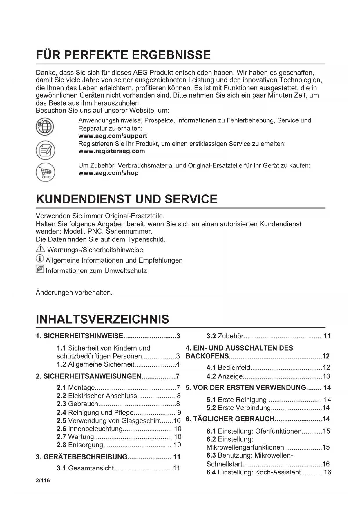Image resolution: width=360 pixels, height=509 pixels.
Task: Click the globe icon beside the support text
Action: pyautogui.click(x=45, y=127)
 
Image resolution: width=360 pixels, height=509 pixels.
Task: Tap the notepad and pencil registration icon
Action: pyautogui.click(x=45, y=150)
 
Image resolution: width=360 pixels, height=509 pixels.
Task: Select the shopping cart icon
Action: pyautogui.click(x=45, y=172)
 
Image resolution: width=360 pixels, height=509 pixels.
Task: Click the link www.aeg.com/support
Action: pyautogui.click(x=113, y=136)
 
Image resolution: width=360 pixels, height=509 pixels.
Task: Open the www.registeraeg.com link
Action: pyautogui.click(x=112, y=151)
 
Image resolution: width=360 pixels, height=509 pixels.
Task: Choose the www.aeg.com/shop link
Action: pyautogui.click(x=108, y=173)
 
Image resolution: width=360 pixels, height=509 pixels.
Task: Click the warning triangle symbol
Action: pyautogui.click(x=40, y=249)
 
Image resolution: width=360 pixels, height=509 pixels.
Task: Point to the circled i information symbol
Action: pyautogui.click(x=40, y=259)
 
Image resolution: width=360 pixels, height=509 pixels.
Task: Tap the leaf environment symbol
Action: pyautogui.click(x=40, y=269)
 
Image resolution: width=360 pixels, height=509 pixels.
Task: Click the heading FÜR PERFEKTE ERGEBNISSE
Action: pyautogui.click(x=123, y=55)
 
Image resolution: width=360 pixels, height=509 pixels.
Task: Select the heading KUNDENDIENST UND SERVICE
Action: pyautogui.click(x=126, y=199)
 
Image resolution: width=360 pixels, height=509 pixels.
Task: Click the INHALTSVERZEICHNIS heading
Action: pyautogui.click(x=102, y=319)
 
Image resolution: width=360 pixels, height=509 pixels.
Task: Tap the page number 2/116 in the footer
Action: pyautogui.click(x=43, y=481)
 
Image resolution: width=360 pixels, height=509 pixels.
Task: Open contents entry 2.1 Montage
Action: pyautogui.click(x=118, y=388)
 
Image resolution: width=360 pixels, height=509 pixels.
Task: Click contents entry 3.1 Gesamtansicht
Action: pyautogui.click(x=118, y=468)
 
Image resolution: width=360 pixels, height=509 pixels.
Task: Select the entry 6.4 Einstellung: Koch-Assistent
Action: pyautogui.click(x=268, y=472)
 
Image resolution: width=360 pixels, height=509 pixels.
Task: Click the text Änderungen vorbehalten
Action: pyautogui.click(x=74, y=293)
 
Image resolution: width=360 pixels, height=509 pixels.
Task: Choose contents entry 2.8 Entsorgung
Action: pyautogui.click(x=119, y=445)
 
